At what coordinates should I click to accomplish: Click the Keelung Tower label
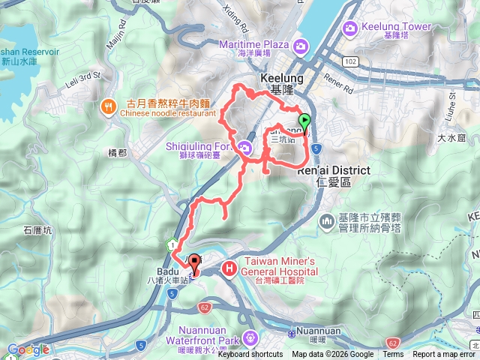pyautogui.click(x=387, y=28)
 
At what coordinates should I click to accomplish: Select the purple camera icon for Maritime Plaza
pyautogui.click(x=300, y=46)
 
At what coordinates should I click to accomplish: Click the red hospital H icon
pyautogui.click(x=229, y=267)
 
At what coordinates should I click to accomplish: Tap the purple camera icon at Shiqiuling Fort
pyautogui.click(x=244, y=148)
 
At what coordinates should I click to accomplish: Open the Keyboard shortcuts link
pyautogui.click(x=250, y=355)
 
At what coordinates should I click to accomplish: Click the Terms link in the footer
pyautogui.click(x=393, y=355)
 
